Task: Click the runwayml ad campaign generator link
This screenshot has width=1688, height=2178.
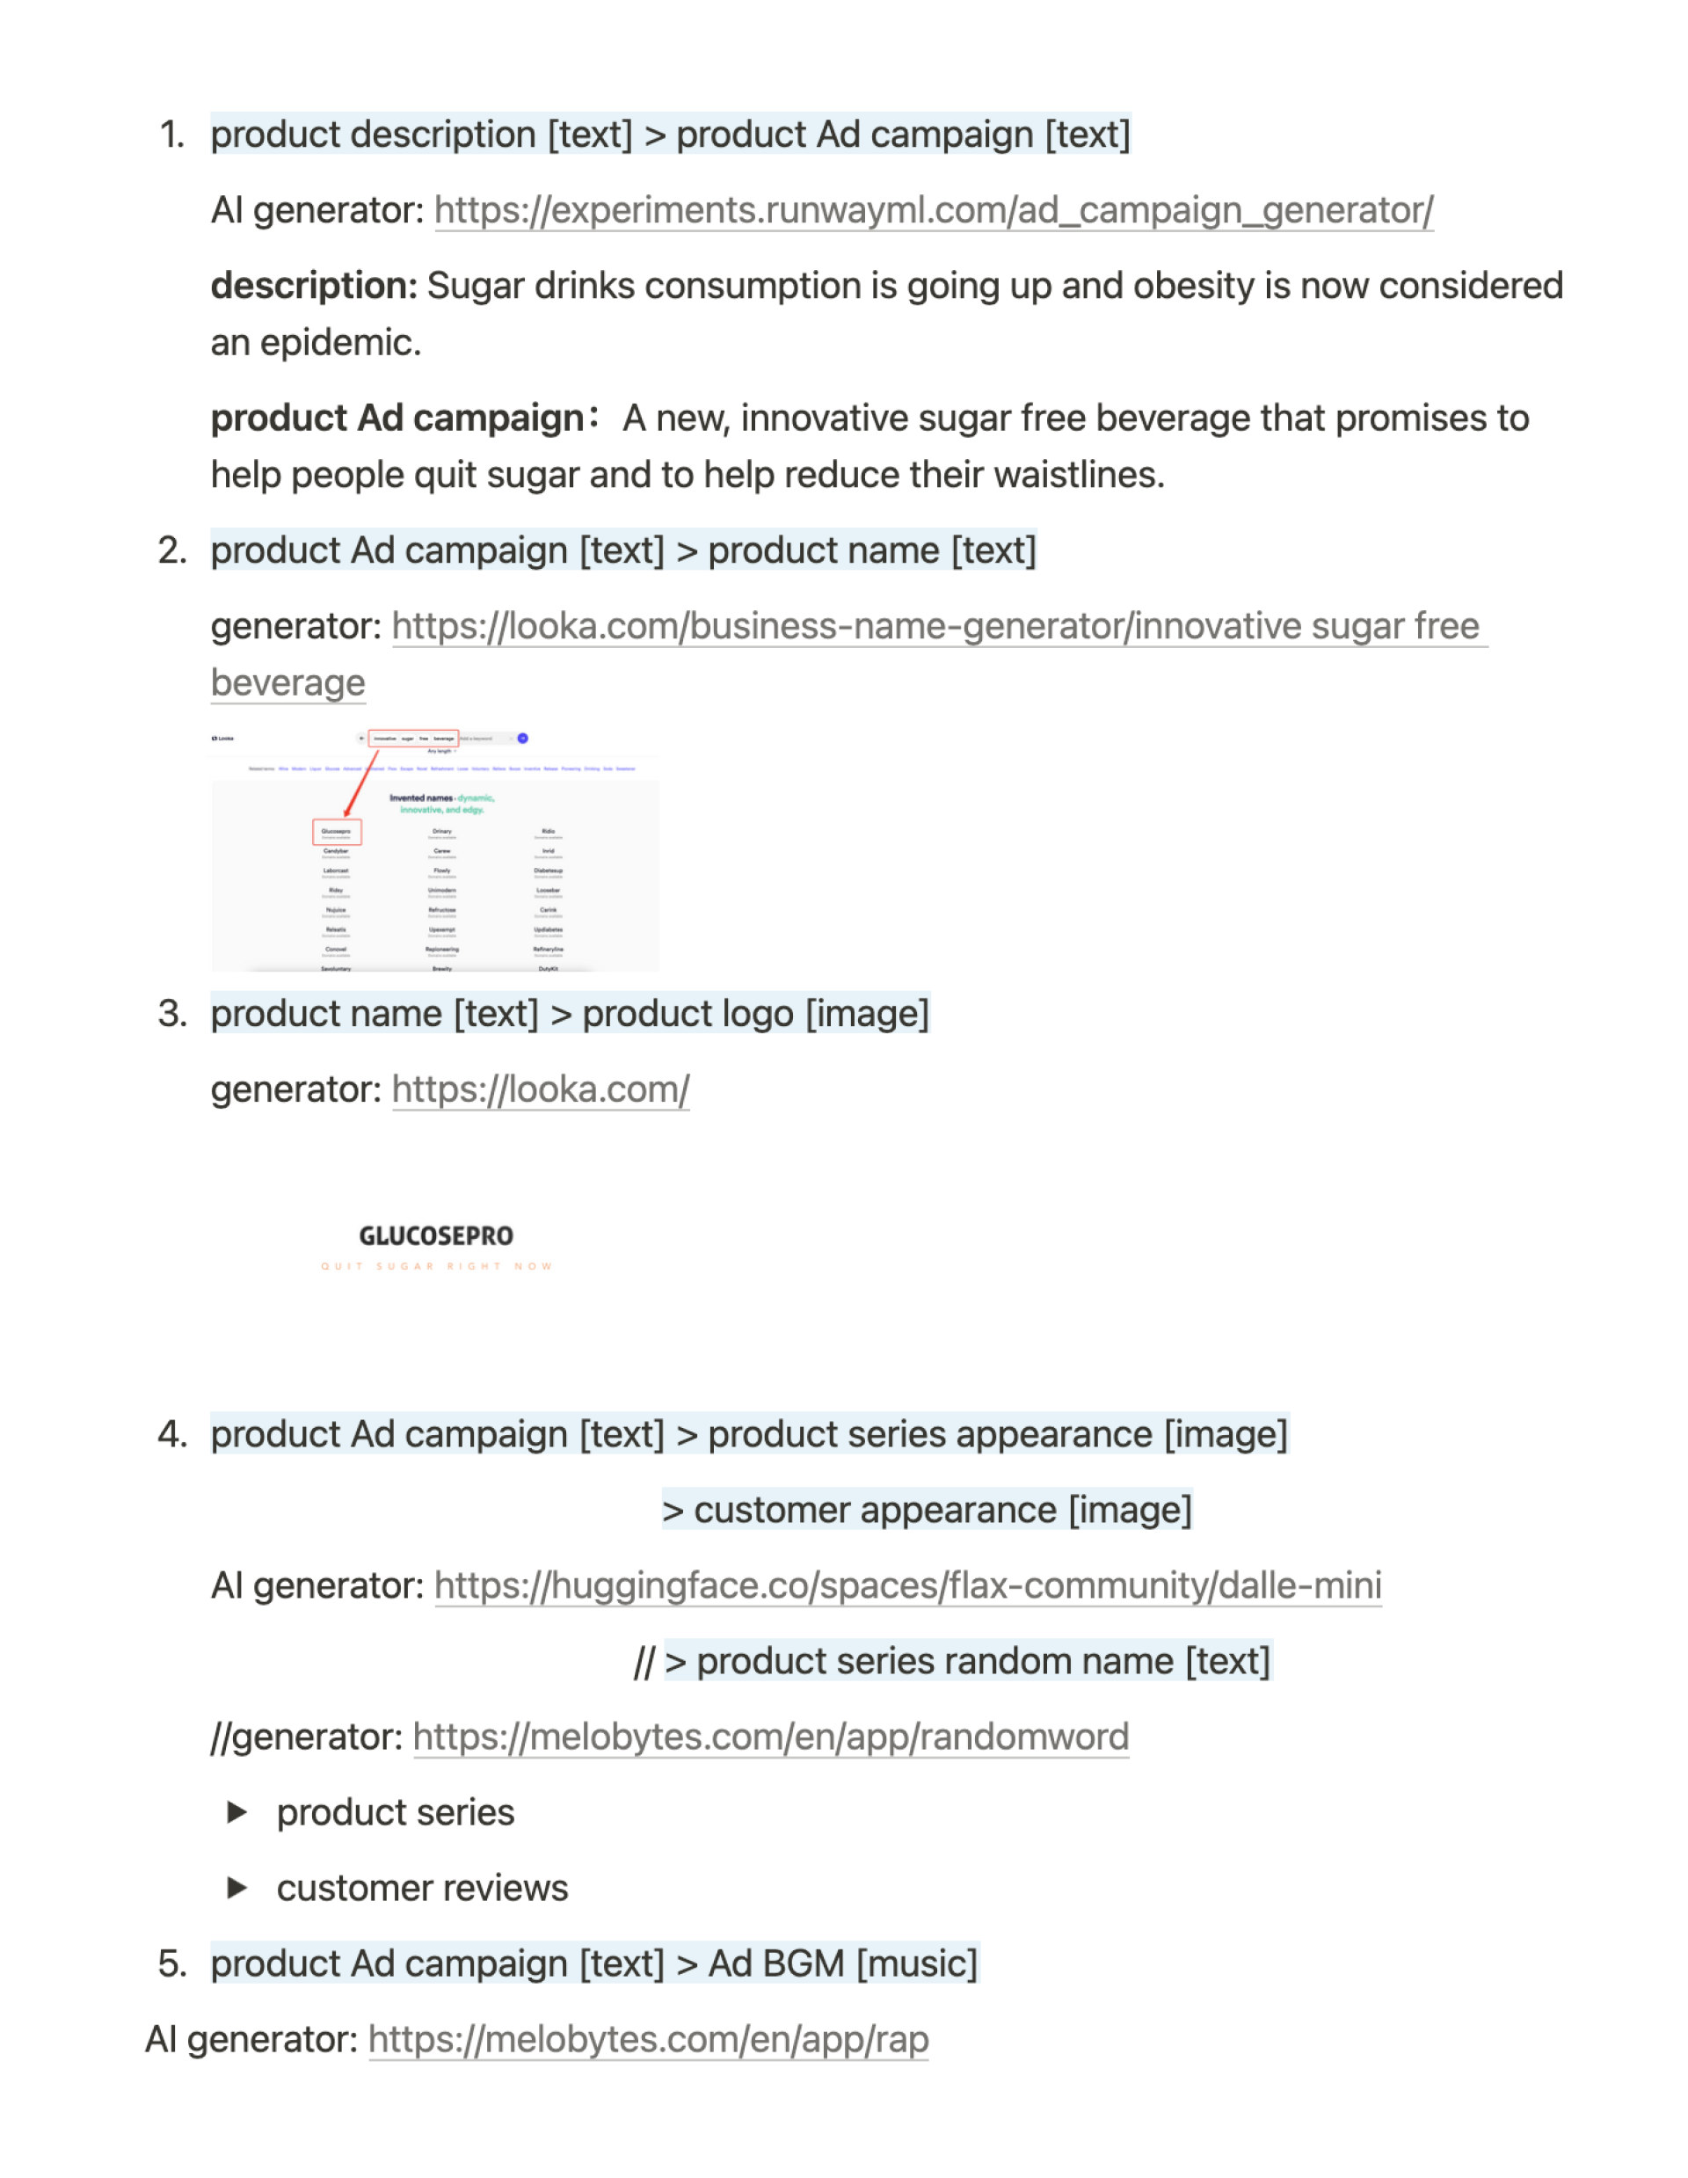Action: [x=934, y=210]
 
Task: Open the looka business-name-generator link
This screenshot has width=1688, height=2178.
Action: [x=937, y=626]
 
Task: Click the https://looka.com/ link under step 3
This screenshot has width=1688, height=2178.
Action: [x=540, y=1090]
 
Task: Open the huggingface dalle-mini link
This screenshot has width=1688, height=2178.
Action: [x=907, y=1585]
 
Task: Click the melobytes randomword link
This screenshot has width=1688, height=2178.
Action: [x=770, y=1737]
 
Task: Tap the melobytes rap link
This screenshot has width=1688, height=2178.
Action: [x=648, y=2040]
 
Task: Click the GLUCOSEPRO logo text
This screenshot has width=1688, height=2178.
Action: [x=436, y=1236]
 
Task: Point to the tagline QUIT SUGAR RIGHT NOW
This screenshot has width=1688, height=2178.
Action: [x=436, y=1266]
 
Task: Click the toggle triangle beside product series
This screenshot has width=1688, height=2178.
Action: [x=237, y=1812]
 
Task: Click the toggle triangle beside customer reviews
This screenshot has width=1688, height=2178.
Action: [x=237, y=1888]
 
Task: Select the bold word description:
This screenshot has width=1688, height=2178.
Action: [x=314, y=287]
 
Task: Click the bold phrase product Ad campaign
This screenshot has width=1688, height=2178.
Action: [x=397, y=419]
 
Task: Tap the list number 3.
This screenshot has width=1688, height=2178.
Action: [x=172, y=1014]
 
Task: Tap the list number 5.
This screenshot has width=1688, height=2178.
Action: [x=172, y=1964]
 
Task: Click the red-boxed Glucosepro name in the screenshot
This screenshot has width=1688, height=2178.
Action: [x=336, y=832]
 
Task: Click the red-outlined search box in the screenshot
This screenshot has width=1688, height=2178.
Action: [x=413, y=739]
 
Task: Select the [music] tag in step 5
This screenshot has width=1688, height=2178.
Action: [x=916, y=1964]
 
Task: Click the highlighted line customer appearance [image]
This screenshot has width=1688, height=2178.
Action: [x=928, y=1510]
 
